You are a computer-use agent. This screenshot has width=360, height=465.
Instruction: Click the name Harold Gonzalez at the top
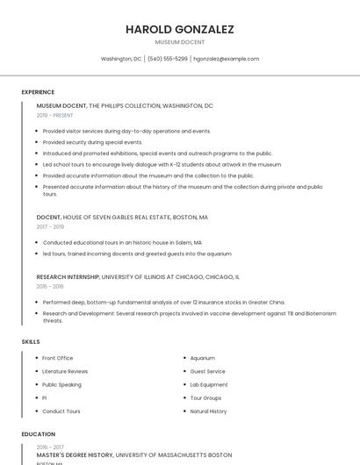(x=180, y=29)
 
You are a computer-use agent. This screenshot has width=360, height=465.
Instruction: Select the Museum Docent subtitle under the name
(x=180, y=42)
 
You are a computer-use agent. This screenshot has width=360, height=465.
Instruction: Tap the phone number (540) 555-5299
(x=167, y=59)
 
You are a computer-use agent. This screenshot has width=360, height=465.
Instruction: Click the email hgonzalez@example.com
(x=226, y=59)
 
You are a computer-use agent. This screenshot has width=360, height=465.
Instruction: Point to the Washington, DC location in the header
(x=121, y=59)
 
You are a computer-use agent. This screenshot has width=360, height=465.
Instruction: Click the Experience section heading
(x=38, y=92)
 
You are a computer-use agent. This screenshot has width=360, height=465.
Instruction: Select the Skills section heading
(x=31, y=340)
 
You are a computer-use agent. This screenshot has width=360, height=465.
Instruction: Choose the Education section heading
(x=39, y=434)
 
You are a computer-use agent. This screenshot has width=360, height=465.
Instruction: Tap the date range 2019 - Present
(x=55, y=116)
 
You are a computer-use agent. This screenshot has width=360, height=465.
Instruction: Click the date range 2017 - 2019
(x=50, y=226)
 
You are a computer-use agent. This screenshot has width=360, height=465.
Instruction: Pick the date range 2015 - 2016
(x=50, y=286)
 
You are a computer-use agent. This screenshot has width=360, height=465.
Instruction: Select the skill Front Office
(x=58, y=358)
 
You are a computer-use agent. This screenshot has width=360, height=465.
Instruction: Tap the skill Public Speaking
(x=61, y=384)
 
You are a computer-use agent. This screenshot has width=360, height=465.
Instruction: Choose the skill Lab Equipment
(x=209, y=384)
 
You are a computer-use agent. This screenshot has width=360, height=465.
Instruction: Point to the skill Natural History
(x=208, y=411)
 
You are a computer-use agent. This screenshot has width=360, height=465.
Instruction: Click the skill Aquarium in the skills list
(x=203, y=358)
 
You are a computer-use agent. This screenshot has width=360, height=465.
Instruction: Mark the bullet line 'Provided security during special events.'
(x=92, y=142)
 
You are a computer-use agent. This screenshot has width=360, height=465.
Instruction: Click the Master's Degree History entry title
(x=75, y=455)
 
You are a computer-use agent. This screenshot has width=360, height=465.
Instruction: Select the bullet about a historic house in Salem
(x=122, y=242)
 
